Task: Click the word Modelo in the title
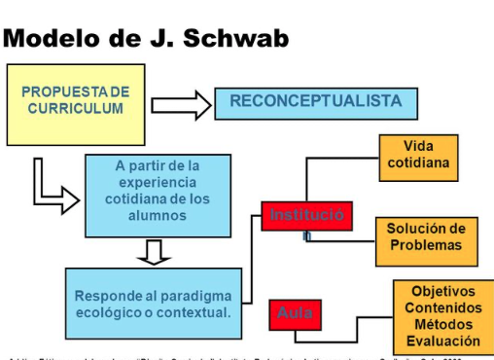point(54,39)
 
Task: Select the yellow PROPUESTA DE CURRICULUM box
point(75,103)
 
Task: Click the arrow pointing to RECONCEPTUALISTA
point(181,104)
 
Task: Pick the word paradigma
point(193,295)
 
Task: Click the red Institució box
point(306,215)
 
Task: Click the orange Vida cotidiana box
point(418,155)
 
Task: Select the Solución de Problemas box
point(426,237)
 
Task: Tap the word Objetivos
point(443,291)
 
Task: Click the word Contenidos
point(443,307)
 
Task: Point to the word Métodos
point(443,324)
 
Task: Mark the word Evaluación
point(443,341)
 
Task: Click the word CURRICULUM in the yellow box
point(75,108)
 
